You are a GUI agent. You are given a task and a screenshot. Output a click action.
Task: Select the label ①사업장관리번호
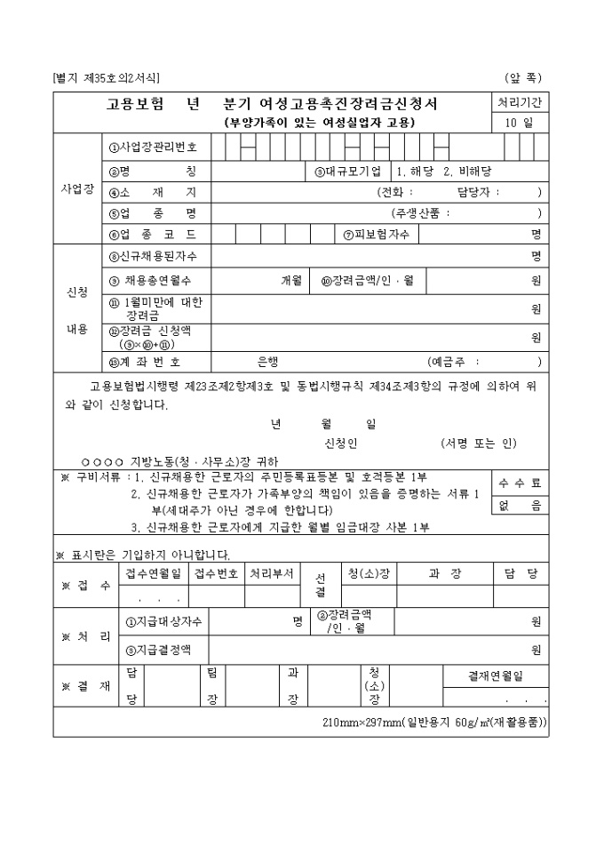click(153, 148)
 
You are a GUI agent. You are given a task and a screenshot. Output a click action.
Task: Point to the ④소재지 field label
click(153, 192)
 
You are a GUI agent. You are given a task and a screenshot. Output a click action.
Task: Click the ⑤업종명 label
click(153, 213)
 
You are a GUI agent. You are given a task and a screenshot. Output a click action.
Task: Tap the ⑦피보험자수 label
click(376, 235)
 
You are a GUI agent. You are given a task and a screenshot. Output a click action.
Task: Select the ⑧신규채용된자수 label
click(153, 257)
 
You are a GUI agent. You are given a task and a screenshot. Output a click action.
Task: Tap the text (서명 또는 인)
click(478, 443)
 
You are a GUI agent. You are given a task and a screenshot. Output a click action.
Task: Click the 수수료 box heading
click(520, 483)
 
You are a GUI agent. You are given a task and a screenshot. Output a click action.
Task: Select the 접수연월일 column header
click(153, 574)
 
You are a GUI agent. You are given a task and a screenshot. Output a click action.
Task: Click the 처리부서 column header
click(271, 574)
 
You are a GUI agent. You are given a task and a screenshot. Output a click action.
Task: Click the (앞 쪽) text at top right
click(524, 78)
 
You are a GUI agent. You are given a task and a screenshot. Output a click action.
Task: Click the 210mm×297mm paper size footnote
click(434, 723)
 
